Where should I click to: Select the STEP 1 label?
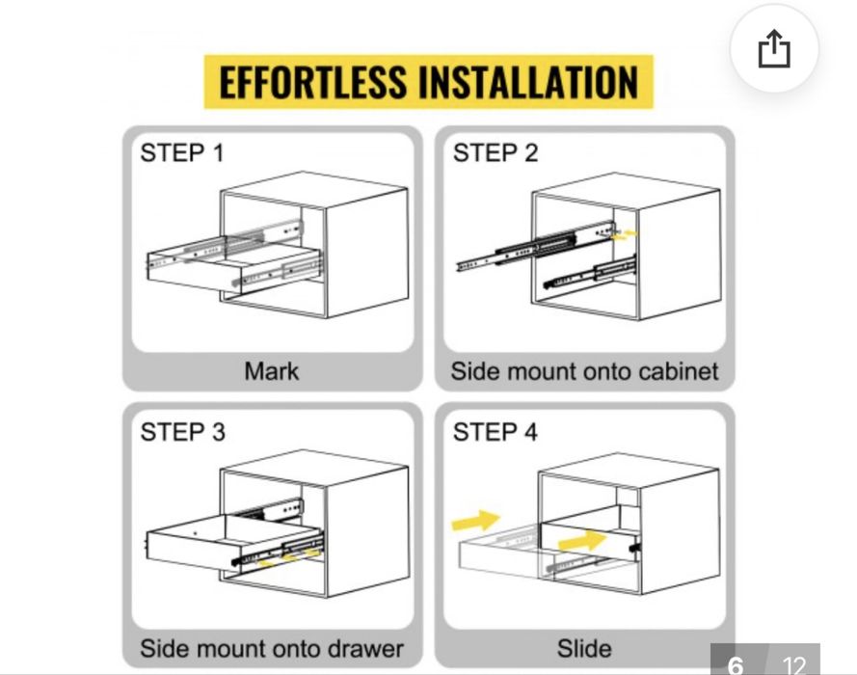182,152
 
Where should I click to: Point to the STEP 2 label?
495,152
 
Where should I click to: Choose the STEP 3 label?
182,432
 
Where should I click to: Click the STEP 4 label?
495,432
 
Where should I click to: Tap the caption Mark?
271,370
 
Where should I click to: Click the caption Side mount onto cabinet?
584,370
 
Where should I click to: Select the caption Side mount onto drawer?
272,647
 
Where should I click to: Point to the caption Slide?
584,647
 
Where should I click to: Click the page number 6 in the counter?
736,664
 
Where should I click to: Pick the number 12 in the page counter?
793,664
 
